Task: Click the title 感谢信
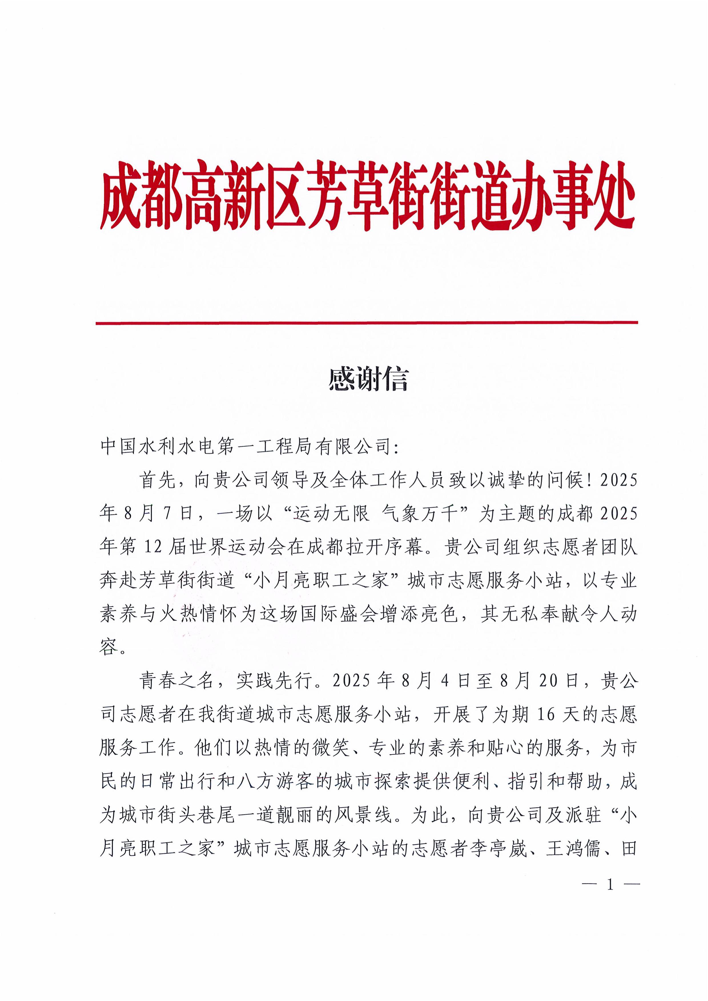pyautogui.click(x=369, y=379)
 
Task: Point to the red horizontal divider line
pyautogui.click(x=367, y=323)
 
